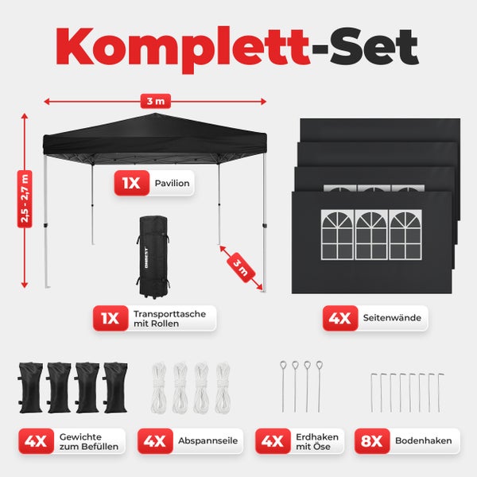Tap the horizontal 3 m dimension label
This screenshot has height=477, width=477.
pyautogui.click(x=156, y=101)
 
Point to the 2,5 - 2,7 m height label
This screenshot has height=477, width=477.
pyautogui.click(x=25, y=200)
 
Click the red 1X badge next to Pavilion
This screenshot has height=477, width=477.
pyautogui.click(x=130, y=184)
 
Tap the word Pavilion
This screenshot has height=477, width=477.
pyautogui.click(x=173, y=184)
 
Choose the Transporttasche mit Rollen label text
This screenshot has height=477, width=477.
pyautogui.click(x=169, y=320)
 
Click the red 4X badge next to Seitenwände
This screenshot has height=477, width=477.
pyautogui.click(x=339, y=319)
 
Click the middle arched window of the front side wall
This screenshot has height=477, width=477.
pyautogui.click(x=371, y=235)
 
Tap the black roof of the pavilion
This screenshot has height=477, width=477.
pyautogui.click(x=156, y=134)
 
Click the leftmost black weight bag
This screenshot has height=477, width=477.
pyautogui.click(x=32, y=387)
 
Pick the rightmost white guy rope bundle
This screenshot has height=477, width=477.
pyautogui.click(x=223, y=387)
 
